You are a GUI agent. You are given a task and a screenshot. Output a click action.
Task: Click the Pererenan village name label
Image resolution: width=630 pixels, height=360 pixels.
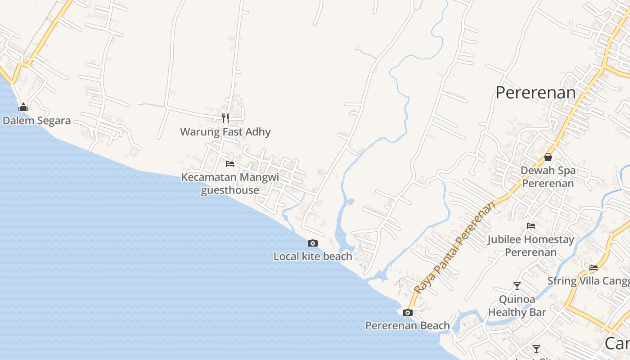click(535, 93)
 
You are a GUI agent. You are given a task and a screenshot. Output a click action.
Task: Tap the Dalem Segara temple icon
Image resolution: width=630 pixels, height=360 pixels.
click(23, 107)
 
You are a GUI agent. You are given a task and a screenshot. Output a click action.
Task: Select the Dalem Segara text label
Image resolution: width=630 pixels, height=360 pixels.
click(36, 121)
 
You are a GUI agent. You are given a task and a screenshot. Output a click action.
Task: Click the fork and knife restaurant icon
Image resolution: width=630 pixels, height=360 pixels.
click(225, 118)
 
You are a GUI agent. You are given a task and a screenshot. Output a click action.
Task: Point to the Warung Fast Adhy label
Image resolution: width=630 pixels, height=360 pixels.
click(225, 132)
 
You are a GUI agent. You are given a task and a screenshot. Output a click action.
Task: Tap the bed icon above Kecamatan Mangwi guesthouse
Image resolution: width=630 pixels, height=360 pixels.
click(230, 164)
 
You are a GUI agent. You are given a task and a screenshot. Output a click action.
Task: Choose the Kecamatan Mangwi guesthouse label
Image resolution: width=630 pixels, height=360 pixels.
click(230, 184)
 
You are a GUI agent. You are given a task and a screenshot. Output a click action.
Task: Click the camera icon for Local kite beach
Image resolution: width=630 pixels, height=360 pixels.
click(313, 243)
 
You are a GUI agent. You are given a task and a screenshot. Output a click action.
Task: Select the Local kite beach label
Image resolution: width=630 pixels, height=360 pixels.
click(313, 256)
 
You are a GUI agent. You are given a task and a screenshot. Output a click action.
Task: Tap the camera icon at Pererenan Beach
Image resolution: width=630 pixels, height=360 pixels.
click(408, 312)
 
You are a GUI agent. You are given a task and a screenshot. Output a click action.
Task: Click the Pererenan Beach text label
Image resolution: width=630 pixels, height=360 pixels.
click(408, 326)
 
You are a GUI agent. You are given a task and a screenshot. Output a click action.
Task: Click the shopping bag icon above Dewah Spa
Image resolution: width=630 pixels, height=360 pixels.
click(548, 157)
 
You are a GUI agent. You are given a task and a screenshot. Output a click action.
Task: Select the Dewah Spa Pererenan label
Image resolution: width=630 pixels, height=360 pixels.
click(548, 177)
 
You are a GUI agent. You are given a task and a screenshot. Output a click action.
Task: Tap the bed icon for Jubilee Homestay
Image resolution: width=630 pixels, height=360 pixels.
click(531, 226)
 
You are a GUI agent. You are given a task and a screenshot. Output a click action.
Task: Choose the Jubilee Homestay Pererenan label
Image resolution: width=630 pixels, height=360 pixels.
click(531, 246)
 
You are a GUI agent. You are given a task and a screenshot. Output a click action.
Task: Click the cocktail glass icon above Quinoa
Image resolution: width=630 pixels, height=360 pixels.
click(517, 286)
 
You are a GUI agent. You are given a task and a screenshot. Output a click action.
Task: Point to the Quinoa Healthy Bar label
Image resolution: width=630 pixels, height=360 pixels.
click(517, 306)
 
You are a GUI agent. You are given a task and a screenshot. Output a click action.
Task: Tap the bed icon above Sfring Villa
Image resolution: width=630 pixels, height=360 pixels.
click(594, 268)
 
